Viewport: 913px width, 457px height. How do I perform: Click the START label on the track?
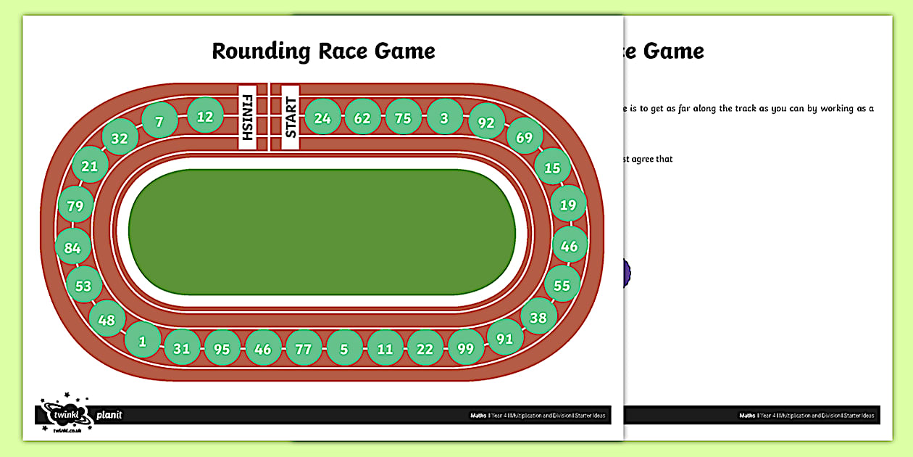[291, 118]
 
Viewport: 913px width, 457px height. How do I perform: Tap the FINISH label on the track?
[247, 118]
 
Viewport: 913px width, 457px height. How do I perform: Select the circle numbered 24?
[322, 118]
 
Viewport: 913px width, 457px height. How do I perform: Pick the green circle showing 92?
[486, 123]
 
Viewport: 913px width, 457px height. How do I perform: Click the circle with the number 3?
[444, 118]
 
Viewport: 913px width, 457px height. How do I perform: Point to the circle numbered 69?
[524, 137]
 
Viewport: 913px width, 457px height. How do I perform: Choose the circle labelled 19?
[568, 205]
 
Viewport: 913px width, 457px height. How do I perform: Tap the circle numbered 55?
[562, 285]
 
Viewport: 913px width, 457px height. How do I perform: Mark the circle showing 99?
[465, 348]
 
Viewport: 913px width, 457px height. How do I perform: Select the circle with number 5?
[344, 349]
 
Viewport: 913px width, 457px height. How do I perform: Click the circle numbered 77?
[304, 349]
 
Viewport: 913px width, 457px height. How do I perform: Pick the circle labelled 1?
[143, 339]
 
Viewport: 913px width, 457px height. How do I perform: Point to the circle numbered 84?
[72, 247]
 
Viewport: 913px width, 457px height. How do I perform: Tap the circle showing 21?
[89, 166]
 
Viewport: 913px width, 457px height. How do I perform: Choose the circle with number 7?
[159, 122]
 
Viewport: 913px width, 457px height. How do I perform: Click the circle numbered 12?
[205, 116]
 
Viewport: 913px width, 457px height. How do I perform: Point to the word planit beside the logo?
[109, 415]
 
